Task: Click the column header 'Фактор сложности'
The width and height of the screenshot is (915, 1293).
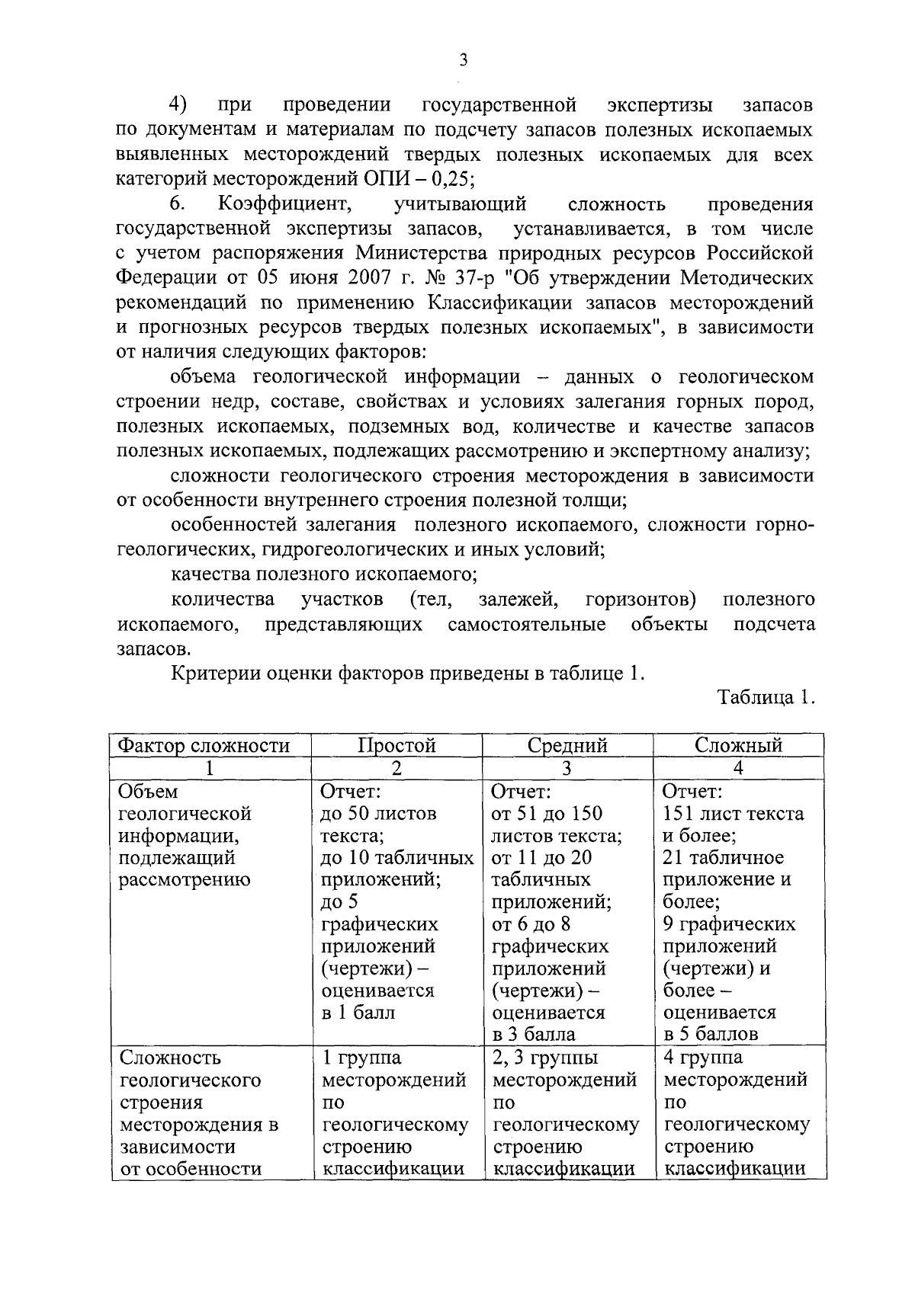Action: (x=204, y=745)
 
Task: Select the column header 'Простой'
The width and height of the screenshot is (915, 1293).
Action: (x=396, y=745)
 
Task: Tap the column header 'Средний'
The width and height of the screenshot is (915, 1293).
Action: (x=567, y=745)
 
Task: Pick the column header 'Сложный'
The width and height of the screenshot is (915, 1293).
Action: (x=738, y=745)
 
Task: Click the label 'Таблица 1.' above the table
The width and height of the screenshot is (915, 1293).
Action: (x=766, y=698)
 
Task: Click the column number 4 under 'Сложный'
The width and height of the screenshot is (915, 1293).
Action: (x=738, y=768)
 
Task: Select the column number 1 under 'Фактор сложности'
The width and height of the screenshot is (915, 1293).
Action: (x=210, y=768)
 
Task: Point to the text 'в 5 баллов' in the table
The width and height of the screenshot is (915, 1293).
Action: (x=711, y=1035)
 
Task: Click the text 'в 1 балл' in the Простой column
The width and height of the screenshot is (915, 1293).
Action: (x=358, y=1013)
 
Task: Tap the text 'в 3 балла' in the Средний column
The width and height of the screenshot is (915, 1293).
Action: (x=534, y=1035)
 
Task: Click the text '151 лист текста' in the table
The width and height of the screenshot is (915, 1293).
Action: (x=734, y=814)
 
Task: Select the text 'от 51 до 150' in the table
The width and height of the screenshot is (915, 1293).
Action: (x=547, y=814)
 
